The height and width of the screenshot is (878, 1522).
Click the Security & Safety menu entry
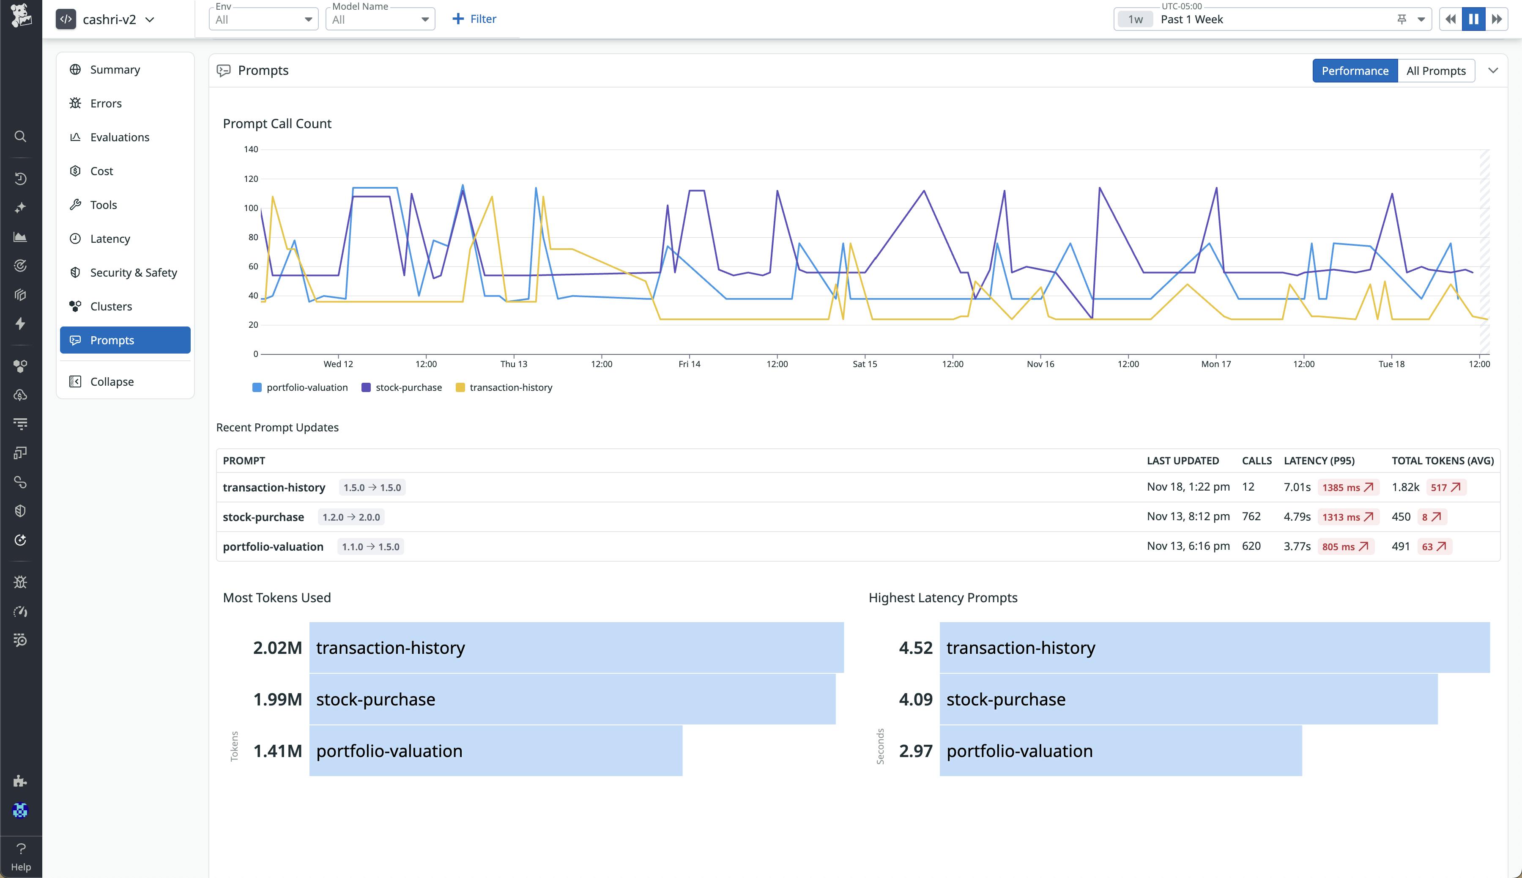pos(133,272)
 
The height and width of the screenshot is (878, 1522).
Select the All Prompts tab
pos(1435,71)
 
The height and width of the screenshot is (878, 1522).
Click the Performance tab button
pos(1355,71)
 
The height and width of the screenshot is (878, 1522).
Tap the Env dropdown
pos(263,19)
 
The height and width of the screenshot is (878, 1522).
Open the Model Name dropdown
pos(380,19)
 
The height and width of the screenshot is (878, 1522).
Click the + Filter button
pos(474,19)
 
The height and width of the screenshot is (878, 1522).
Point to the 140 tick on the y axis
pos(251,150)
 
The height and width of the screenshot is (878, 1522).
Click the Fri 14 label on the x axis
pos(689,364)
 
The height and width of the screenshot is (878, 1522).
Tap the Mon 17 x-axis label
pos(1216,364)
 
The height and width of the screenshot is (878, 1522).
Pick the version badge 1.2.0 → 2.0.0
pos(351,517)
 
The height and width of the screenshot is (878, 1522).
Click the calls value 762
pos(1251,517)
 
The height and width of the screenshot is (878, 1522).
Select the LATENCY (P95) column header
pos(1319,461)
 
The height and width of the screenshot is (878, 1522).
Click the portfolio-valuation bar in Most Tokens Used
pos(495,751)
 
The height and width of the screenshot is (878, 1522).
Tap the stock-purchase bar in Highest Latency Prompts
pos(1188,700)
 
